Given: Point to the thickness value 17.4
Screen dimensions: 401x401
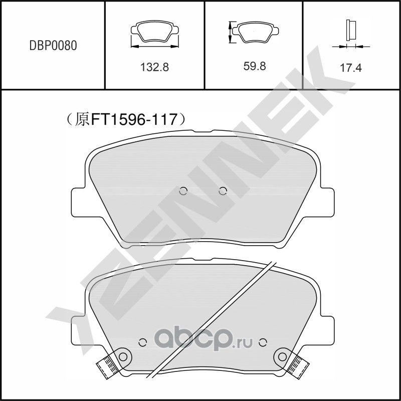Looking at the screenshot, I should pos(351,68).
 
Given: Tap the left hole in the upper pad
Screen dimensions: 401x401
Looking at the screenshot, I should pos(183,190).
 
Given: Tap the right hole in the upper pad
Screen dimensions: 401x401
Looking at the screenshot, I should pos(223,190).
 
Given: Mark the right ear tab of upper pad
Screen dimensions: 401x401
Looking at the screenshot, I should pos(326,202).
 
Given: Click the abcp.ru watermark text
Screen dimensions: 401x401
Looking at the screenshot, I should pos(200,342).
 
